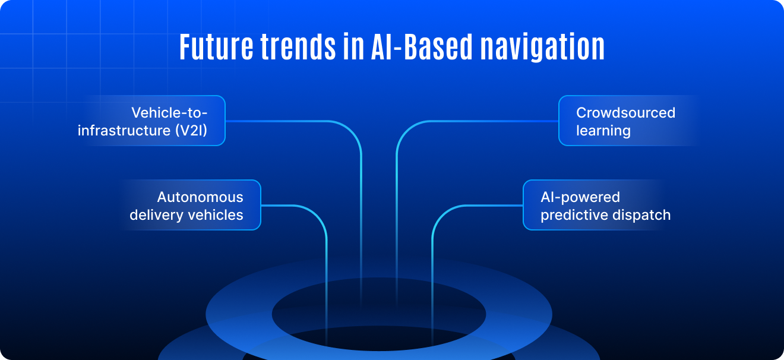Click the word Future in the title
216,47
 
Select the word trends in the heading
298,47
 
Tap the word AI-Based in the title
422,47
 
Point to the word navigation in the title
542,48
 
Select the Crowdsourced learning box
628,121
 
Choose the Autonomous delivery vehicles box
191,205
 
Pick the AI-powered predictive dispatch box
593,205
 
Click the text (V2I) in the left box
191,131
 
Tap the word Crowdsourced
626,113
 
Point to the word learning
603,131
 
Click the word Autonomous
200,197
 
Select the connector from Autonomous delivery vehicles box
326,245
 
